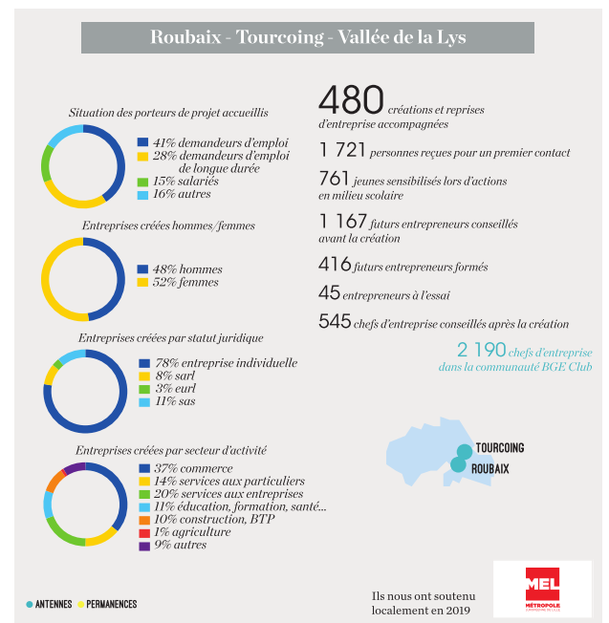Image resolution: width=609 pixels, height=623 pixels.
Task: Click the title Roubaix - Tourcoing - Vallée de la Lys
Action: point(308,38)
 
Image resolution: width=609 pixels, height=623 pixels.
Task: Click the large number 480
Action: point(351,100)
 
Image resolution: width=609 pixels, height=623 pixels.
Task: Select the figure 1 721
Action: point(340,151)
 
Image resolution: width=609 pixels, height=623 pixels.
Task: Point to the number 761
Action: point(335,180)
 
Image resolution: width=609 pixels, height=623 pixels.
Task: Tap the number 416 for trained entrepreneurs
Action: point(335,266)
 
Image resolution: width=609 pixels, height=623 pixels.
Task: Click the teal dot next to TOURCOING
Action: point(464,450)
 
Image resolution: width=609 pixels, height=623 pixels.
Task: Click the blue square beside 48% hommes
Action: point(142,269)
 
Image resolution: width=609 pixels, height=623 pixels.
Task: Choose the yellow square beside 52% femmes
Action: point(142,283)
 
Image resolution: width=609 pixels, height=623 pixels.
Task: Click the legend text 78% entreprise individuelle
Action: point(226,363)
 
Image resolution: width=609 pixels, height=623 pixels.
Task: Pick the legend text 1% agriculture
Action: point(192,531)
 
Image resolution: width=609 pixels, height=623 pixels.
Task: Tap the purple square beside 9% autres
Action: point(143,546)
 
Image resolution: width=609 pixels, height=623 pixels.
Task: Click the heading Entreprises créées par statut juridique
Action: point(171,337)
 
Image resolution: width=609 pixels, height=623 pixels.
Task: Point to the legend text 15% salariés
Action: point(185,181)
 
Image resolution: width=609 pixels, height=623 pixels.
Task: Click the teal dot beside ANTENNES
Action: point(30,604)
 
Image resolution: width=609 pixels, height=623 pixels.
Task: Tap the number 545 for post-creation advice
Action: point(335,323)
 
